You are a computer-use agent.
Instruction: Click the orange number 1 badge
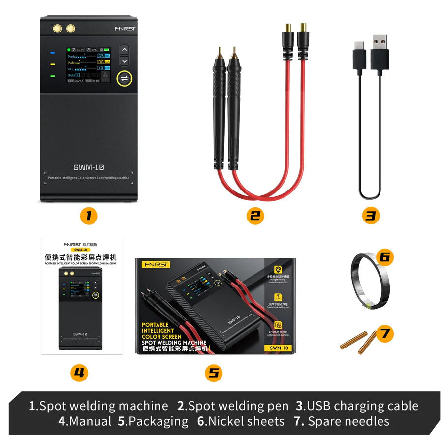pos(89,215)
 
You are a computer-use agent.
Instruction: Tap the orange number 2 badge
pos(254,215)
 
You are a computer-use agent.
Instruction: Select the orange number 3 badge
pos(371,215)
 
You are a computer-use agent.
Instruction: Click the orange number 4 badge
pos(79,373)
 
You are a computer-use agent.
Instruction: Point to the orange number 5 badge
pos(213,373)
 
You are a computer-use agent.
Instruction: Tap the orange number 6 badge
pos(385,256)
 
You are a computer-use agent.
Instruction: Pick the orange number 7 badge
pos(384,333)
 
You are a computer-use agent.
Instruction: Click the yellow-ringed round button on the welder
pos(125,79)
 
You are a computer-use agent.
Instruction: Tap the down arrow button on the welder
pos(125,61)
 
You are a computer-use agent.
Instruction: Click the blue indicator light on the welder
pos(52,52)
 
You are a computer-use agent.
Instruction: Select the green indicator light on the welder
pos(52,76)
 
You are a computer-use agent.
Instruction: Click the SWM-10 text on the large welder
pos(89,167)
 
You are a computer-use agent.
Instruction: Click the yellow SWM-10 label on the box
pos(278,348)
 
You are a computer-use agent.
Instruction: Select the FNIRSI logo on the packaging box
pos(155,264)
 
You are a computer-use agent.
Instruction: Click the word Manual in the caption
pos(91,421)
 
